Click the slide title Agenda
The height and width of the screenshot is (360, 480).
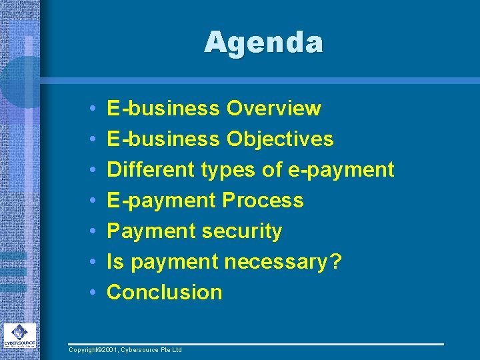[x=264, y=43]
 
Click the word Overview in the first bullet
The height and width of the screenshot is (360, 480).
[x=274, y=108]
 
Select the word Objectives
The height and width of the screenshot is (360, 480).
[x=280, y=139]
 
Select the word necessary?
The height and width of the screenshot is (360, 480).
[x=283, y=262]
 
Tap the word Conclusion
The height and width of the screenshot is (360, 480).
[x=165, y=292]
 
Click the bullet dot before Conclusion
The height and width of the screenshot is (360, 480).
[x=91, y=293]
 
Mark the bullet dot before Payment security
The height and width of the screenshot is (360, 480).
[x=91, y=231]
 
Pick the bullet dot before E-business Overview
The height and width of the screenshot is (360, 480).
[x=91, y=108]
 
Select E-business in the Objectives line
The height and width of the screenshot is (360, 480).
[x=163, y=139]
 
